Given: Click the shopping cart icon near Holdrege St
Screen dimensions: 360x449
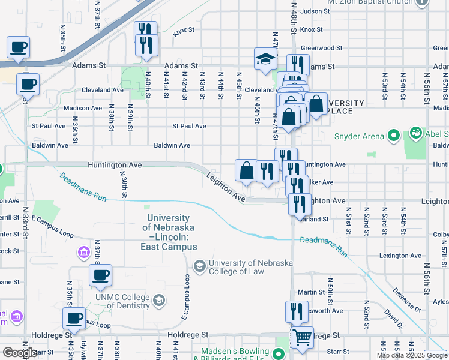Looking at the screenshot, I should pos(302,338).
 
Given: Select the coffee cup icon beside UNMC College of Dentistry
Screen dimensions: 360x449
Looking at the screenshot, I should pos(100,276).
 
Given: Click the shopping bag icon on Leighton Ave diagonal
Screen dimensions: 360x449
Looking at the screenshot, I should pos(247,171).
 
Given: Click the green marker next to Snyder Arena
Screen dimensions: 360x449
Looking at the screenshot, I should pos(394,136).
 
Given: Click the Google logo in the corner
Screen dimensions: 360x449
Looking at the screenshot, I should pos(20,353).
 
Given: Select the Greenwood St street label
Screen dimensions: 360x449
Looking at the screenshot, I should pos(321,47).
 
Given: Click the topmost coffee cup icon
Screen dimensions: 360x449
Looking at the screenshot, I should pos(18,48).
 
